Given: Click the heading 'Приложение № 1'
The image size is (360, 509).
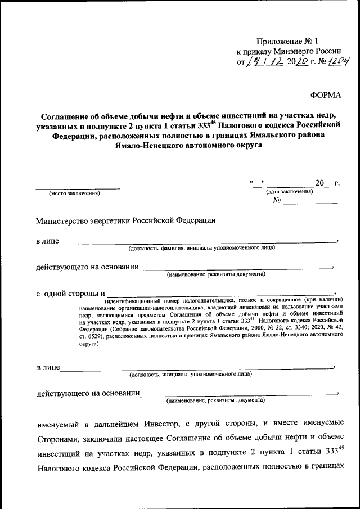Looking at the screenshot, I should [x=287, y=41].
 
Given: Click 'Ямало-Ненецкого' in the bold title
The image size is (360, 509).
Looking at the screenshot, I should [x=148, y=145].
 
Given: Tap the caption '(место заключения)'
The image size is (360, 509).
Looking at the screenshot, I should [x=74, y=193].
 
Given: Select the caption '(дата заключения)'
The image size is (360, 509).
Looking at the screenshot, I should [x=290, y=192].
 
